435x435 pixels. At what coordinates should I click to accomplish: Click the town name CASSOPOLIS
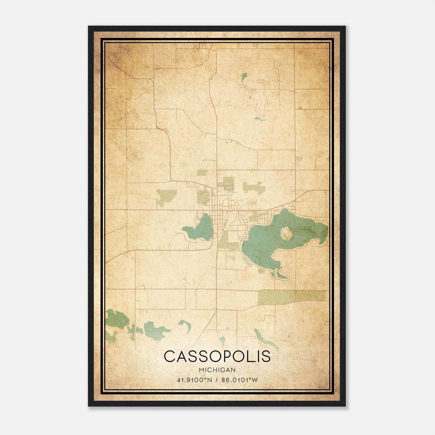[217, 356]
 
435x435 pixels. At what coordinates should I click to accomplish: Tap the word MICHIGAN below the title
[217, 370]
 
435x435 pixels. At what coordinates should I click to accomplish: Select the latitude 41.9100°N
[194, 380]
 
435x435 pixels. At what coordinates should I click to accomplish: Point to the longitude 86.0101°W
[240, 380]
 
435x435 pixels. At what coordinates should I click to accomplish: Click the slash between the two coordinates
[217, 380]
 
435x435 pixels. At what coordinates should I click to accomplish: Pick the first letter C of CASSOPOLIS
[170, 356]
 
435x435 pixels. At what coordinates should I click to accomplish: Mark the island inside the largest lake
[286, 233]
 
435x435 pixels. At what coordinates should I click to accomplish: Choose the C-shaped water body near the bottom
[185, 325]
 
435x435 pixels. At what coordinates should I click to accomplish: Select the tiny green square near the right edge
[300, 108]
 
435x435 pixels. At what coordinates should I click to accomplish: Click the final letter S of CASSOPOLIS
[266, 356]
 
